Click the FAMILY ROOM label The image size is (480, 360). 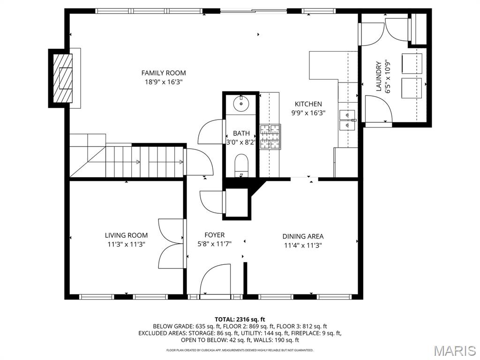point(164,73)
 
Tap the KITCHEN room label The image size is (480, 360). point(308,104)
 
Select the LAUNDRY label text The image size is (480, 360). point(379,76)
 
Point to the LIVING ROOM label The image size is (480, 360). point(126,235)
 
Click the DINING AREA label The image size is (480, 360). point(303,236)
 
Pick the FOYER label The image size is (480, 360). point(215,235)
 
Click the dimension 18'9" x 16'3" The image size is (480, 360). point(164,82)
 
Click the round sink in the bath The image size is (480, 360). point(242,104)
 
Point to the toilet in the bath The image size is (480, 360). point(242,165)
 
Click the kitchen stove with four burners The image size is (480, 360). point(270,136)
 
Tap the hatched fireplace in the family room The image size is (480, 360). point(63,78)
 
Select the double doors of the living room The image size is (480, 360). point(172,244)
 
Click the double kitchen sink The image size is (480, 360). point(347,120)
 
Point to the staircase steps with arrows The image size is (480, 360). point(144,162)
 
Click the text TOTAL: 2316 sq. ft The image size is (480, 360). point(240,320)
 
